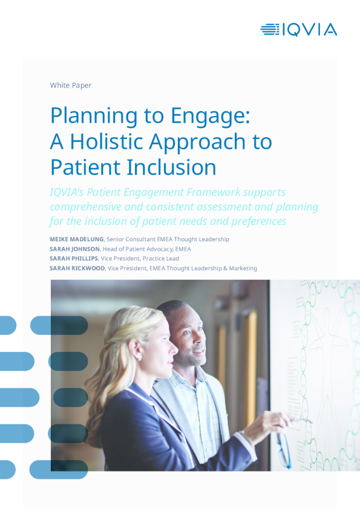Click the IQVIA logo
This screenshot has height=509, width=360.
(299, 30)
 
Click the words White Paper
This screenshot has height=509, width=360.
(71, 85)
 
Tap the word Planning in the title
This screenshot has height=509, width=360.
(94, 116)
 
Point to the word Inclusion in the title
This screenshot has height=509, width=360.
(171, 167)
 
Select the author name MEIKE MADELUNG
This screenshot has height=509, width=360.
(77, 239)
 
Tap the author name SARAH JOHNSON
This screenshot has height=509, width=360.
(75, 249)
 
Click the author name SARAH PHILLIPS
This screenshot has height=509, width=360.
(74, 258)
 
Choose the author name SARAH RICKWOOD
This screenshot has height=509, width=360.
(77, 268)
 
